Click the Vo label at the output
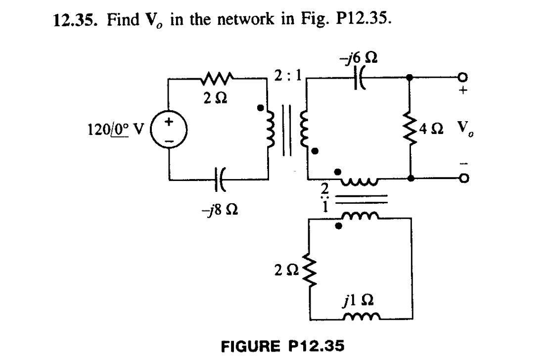coord(468,131)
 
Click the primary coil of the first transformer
coord(270,130)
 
